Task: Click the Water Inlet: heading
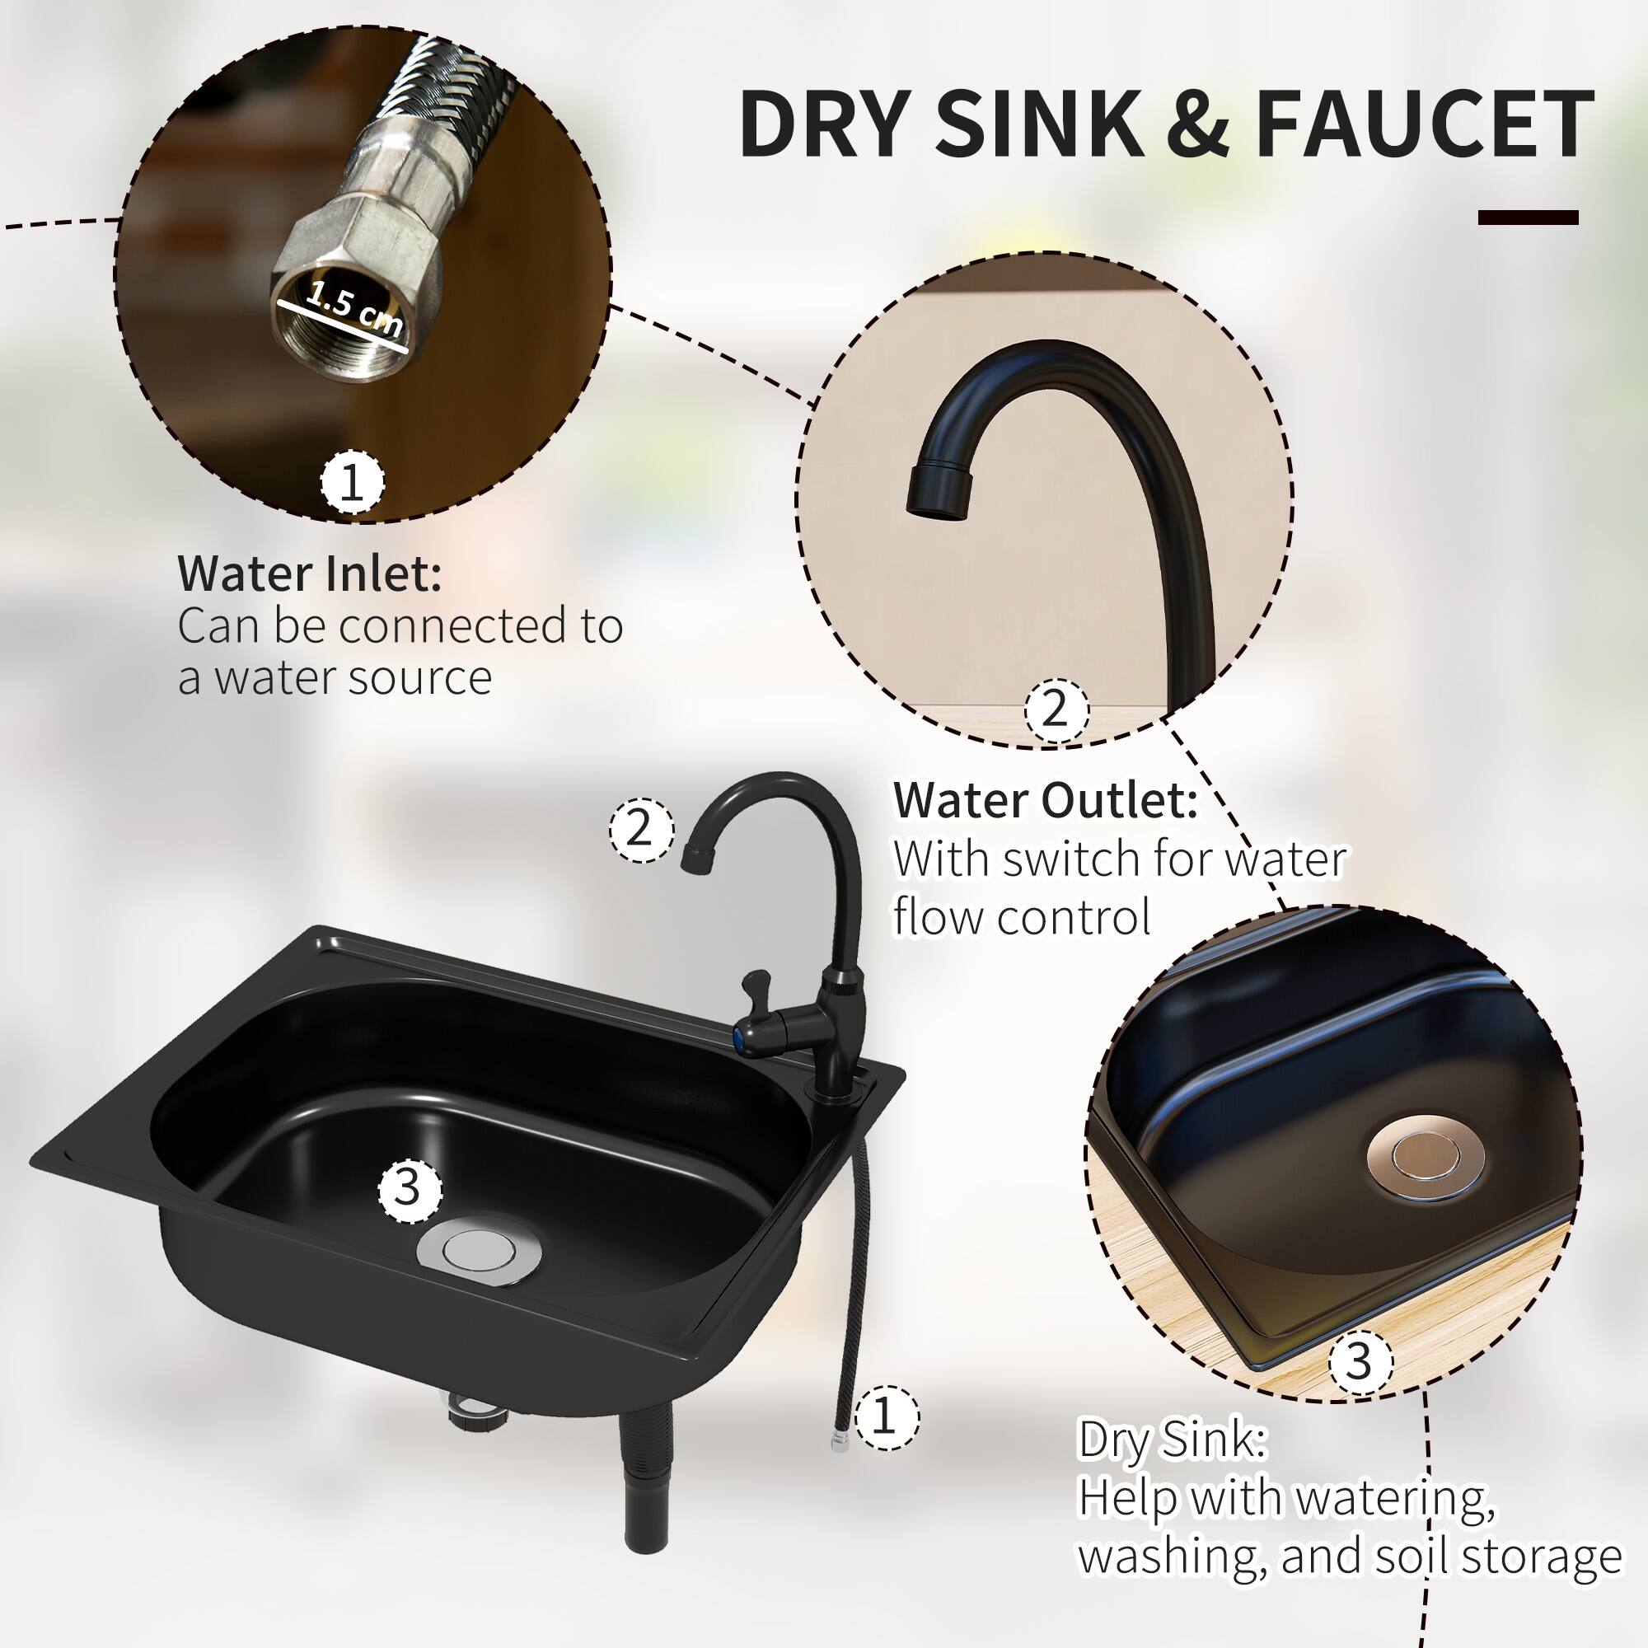[310, 574]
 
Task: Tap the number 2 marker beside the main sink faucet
[639, 828]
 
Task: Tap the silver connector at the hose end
[839, 1440]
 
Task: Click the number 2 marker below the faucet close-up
[1056, 708]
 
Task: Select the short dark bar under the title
[1528, 218]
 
